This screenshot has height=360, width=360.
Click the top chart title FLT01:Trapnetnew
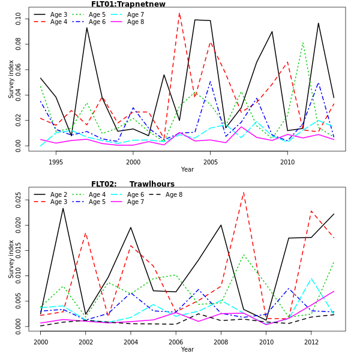tap(128, 4)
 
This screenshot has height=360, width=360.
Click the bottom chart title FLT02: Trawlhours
tap(133, 184)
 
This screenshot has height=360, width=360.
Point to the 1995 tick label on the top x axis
tap(56, 161)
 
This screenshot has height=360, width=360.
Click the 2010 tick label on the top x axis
tap(287, 161)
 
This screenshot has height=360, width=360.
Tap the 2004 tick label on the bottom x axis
tap(131, 341)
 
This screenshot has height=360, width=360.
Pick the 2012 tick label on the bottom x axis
tap(311, 341)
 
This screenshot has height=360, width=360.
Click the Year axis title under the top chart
tap(187, 170)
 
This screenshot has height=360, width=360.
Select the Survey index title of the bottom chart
tap(11, 259)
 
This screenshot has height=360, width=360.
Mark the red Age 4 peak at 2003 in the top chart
tap(179, 13)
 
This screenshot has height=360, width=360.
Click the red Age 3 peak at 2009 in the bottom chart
tap(243, 193)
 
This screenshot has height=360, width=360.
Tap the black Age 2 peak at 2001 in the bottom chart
tap(63, 208)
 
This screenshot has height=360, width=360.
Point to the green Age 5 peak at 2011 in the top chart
tap(303, 43)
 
